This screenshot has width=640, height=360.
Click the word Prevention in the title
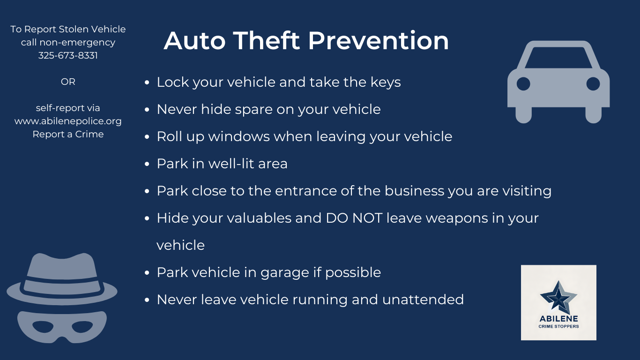[378, 41]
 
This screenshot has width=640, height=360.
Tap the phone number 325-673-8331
[68, 55]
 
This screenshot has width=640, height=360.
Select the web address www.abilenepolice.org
[68, 121]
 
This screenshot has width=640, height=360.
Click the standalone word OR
[68, 82]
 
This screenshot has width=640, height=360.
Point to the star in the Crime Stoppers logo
[558, 297]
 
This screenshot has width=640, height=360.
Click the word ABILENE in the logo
[558, 319]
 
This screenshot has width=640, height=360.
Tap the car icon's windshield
[558, 58]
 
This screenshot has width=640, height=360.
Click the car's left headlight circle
[523, 84]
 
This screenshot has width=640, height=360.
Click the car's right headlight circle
[593, 84]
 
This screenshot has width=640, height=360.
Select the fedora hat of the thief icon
[62, 279]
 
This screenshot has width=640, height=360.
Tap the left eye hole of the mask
[43, 327]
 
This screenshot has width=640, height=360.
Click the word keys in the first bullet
[386, 82]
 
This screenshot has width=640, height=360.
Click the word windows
[239, 136]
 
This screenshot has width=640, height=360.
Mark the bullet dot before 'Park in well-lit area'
[147, 164]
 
